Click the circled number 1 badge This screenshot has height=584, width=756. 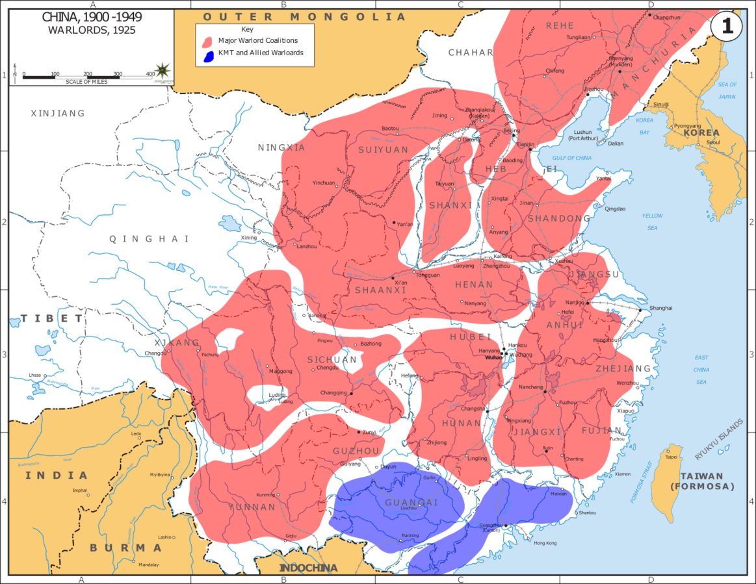click(726, 27)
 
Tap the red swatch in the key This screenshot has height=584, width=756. click(207, 42)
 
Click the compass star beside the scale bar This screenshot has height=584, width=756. click(163, 70)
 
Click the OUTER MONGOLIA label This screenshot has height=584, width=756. click(304, 17)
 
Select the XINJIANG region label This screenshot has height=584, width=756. click(58, 113)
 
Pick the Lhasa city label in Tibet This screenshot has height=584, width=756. click(34, 375)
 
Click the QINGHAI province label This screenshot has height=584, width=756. click(150, 239)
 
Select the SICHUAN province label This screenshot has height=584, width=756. click(332, 359)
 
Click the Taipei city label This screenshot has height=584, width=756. click(671, 457)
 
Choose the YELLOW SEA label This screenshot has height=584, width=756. click(653, 222)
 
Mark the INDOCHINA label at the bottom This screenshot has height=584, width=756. click(308, 568)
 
